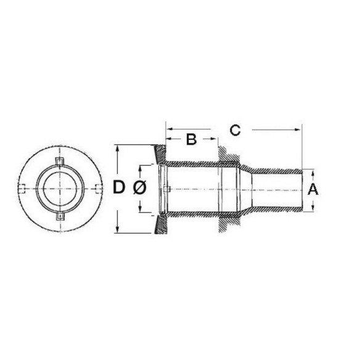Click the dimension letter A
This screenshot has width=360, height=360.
pyautogui.click(x=313, y=190)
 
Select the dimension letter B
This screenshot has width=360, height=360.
pyautogui.click(x=191, y=139)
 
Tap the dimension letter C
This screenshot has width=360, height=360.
pyautogui.click(x=235, y=130)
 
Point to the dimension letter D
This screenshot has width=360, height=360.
pyautogui.click(x=119, y=187)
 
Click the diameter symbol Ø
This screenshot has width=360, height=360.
pyautogui.click(x=139, y=187)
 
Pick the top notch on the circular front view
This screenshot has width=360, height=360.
pyautogui.click(x=60, y=161)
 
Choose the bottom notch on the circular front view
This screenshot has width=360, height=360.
pyautogui.click(x=60, y=216)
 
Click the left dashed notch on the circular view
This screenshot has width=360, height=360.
pyautogui.click(x=21, y=189)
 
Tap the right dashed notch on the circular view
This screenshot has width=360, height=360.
pyautogui.click(x=99, y=189)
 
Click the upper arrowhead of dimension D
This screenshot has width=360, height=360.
pyautogui.click(x=118, y=149)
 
